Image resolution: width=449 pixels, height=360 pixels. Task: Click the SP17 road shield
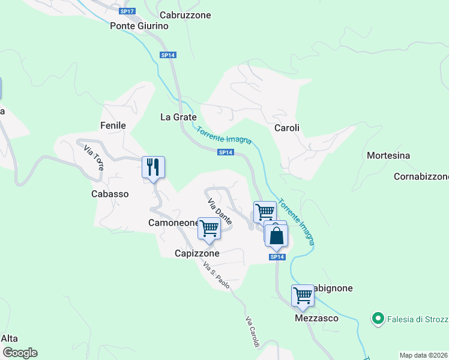click(127, 11)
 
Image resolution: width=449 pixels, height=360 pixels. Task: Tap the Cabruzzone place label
click(185, 15)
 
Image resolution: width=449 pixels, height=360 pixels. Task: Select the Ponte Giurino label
click(139, 26)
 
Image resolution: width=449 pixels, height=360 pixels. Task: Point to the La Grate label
click(178, 117)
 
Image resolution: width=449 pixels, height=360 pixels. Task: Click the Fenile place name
click(113, 125)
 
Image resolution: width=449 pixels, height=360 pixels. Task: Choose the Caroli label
click(286, 128)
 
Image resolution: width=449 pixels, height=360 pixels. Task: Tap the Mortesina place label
click(388, 155)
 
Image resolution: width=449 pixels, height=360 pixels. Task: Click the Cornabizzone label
click(421, 176)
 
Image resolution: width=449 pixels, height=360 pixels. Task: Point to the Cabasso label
click(110, 194)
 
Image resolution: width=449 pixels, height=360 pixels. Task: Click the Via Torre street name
click(94, 158)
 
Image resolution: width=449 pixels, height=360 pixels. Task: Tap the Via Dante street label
click(219, 212)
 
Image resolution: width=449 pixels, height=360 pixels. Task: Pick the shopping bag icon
click(276, 235)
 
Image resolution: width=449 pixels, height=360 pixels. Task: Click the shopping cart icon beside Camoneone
click(209, 228)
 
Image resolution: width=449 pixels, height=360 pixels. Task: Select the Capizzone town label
click(197, 253)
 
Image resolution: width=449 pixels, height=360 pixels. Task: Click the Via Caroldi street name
click(252, 332)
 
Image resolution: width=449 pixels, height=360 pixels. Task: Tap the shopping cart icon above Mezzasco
click(303, 295)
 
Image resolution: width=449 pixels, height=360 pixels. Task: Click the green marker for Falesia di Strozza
click(378, 318)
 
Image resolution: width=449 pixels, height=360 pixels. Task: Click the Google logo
click(19, 353)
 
